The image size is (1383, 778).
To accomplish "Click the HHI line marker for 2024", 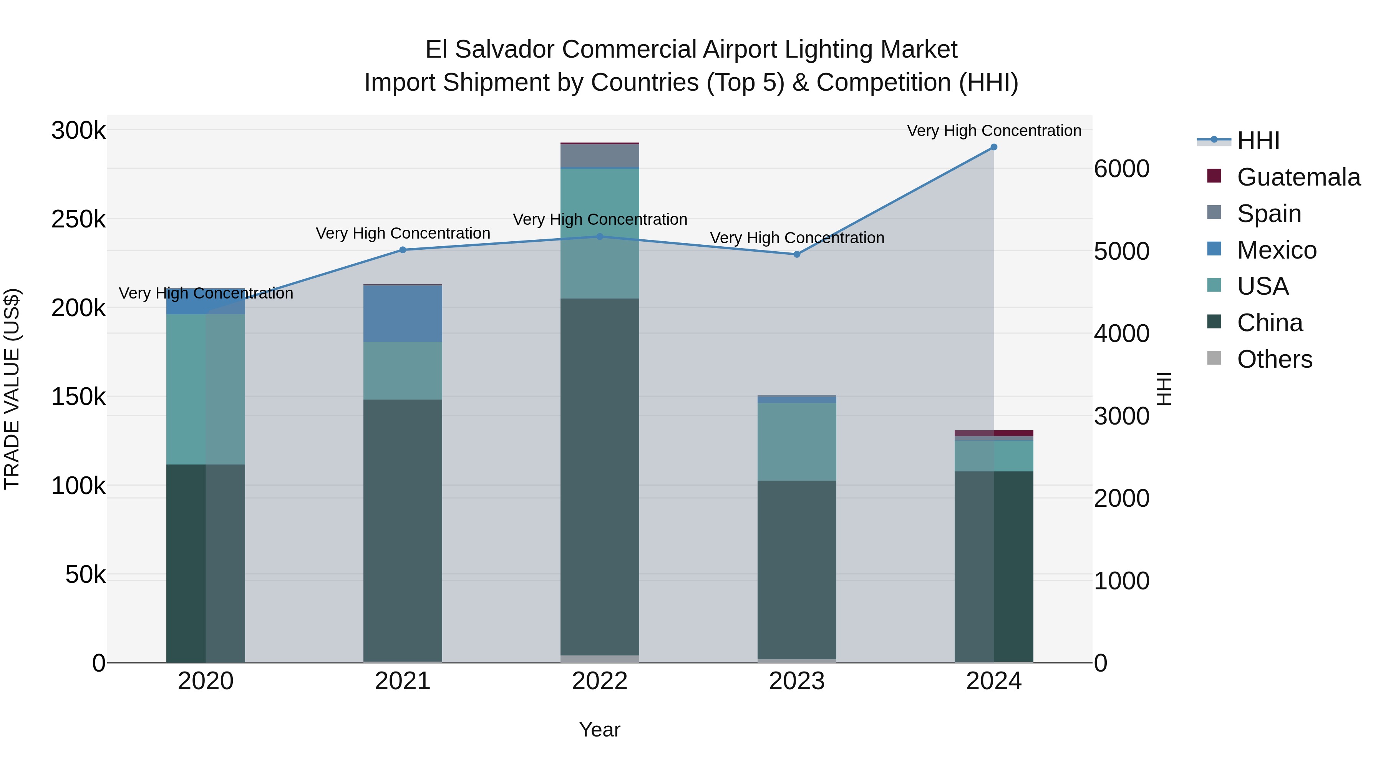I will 994,147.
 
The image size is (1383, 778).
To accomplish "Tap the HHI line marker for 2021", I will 403,250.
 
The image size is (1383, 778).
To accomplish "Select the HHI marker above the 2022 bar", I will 600,236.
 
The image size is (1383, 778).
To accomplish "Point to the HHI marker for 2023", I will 797,254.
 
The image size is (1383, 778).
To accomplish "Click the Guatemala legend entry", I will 1298,177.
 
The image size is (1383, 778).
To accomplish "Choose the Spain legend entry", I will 1269,214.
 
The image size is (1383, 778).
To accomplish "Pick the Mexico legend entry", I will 1276,250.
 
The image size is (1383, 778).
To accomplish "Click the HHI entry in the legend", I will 1258,141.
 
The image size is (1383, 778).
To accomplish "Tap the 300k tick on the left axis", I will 78,131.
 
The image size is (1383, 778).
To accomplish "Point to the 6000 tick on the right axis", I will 1121,169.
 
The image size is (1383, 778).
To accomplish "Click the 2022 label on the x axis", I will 600,681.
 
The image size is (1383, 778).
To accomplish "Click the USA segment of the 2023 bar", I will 797,441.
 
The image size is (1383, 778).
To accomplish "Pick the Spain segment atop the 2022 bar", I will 600,156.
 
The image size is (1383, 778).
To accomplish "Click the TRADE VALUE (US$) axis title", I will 12,389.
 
